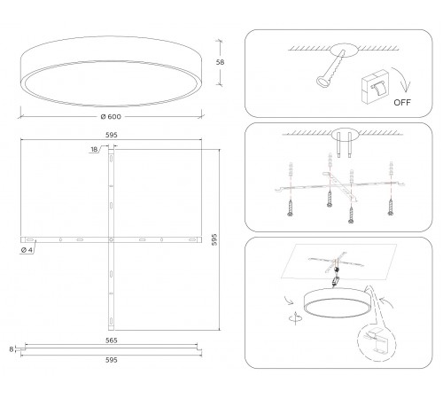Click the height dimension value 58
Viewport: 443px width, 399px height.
coord(232,63)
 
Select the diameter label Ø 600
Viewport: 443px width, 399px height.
coord(110,118)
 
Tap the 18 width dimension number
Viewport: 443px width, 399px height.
coord(95,149)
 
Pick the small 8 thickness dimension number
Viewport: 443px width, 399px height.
coord(11,350)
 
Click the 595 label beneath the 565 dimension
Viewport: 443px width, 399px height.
coord(111,361)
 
